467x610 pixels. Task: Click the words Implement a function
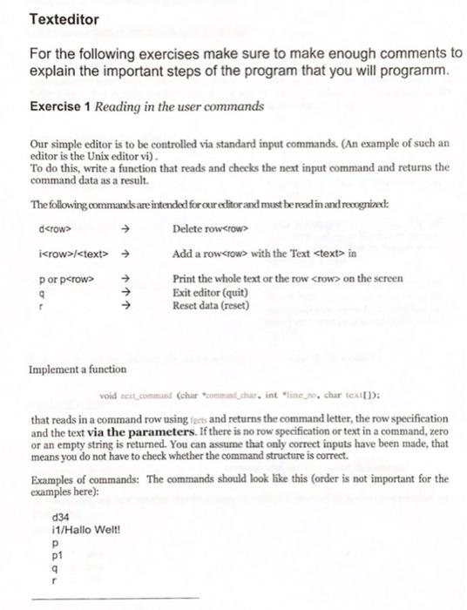(78, 369)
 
